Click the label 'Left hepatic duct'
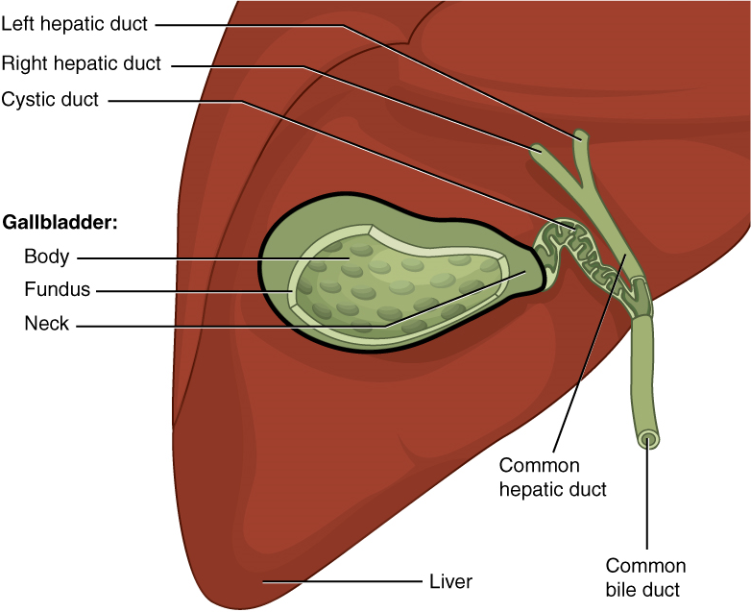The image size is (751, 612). tap(74, 25)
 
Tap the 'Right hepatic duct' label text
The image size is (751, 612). tap(82, 64)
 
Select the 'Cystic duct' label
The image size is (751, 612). tap(50, 99)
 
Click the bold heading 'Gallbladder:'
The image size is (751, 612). tap(61, 222)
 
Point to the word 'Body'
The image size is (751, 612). tap(45, 257)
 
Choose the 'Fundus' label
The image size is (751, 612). tap(57, 289)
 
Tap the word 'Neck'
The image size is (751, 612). tap(47, 324)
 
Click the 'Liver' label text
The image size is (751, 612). tap(450, 581)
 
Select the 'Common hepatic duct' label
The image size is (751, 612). tap(552, 477)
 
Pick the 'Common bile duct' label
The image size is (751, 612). tap(645, 575)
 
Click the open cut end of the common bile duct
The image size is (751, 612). tap(648, 440)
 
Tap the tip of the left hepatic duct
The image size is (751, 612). tap(580, 135)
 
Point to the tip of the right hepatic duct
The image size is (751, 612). tap(536, 148)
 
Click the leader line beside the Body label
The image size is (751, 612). tap(192, 257)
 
